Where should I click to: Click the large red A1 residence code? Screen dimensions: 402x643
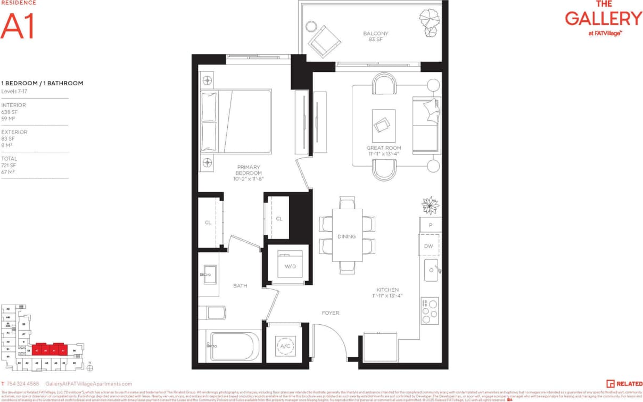click(x=18, y=26)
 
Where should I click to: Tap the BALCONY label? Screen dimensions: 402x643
click(x=376, y=34)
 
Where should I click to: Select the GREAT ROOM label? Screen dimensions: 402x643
click(x=383, y=147)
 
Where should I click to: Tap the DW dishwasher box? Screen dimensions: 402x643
click(x=429, y=246)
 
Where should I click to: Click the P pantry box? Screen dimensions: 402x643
click(x=430, y=225)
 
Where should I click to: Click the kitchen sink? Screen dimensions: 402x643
click(x=431, y=272)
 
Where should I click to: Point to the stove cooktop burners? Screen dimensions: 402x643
click(x=429, y=310)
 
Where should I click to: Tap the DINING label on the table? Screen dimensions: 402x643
click(x=347, y=236)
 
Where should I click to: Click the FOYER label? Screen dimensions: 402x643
click(x=331, y=313)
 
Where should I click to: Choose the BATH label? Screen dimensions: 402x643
click(x=240, y=286)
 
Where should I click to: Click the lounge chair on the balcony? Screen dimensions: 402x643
click(x=324, y=40)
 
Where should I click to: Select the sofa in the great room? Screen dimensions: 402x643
click(x=427, y=125)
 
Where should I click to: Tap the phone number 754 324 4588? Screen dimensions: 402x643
click(x=23, y=383)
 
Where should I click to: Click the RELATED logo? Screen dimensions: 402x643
click(x=624, y=383)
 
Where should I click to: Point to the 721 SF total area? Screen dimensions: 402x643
click(x=9, y=165)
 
